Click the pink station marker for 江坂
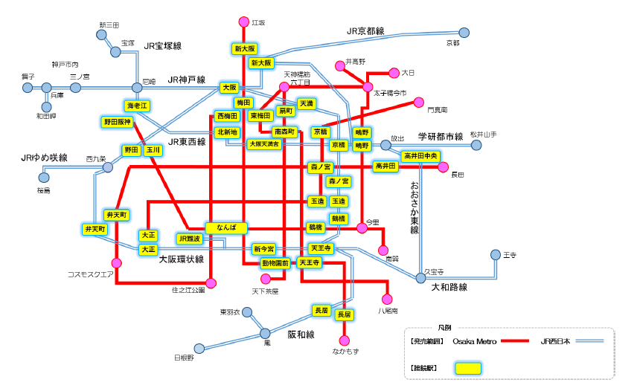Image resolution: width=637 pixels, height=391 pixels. click(243, 22)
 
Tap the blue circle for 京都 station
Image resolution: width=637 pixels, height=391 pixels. click(464, 33)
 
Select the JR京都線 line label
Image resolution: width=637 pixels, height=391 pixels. click(365, 31)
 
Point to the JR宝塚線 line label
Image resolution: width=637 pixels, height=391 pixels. click(163, 45)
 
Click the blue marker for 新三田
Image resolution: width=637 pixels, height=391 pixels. click(103, 34)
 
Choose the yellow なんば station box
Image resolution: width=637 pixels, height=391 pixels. click(226, 227)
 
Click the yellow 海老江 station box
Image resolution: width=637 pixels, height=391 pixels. click(138, 106)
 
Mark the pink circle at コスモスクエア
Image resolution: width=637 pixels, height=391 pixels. click(117, 262)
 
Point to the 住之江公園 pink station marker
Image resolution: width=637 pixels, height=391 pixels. click(211, 282)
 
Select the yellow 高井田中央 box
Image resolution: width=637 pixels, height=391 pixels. click(422, 156)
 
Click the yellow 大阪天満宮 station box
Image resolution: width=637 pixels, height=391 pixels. click(264, 143)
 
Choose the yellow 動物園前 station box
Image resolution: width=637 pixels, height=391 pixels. click(275, 263)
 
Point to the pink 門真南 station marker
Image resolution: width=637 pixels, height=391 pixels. click(419, 102)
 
